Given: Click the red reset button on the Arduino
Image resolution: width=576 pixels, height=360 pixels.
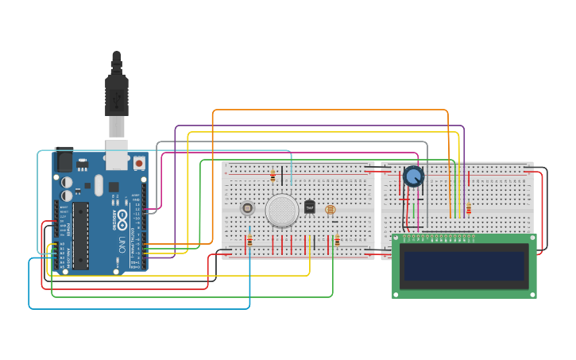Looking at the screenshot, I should coord(139,163).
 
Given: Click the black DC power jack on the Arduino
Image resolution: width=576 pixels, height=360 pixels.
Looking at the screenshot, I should coord(64,160).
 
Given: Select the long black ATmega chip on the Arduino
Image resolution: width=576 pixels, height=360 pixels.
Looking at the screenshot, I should coord(81,234).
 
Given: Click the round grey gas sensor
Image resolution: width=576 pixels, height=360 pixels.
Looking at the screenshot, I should coord(282,210).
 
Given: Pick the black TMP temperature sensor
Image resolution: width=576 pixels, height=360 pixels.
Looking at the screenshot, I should coord(310,207).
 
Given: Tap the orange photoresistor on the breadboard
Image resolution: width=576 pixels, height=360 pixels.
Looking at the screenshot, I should coord(331,210).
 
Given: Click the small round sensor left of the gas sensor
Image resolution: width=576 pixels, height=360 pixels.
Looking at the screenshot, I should coord(247,208).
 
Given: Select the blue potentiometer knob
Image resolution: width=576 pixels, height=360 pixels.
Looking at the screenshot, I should coord(413,176).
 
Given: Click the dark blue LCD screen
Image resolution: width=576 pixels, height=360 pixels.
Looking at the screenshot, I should coord(465,266).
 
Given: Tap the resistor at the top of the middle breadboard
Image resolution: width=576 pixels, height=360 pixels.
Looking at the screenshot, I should coord(273,175).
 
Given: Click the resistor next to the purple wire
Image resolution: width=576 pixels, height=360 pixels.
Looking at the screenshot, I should coord(468,208).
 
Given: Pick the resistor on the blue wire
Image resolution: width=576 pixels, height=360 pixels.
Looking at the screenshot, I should coord(249,240).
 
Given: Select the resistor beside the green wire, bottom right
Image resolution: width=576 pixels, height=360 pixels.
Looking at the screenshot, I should coord(337,240).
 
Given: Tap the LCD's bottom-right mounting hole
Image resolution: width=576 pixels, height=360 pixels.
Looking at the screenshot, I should coord(532,293).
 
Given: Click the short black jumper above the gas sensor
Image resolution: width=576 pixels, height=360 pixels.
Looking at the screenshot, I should coord(281,175).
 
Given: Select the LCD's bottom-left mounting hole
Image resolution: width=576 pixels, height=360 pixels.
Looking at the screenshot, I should coord(396,293).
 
